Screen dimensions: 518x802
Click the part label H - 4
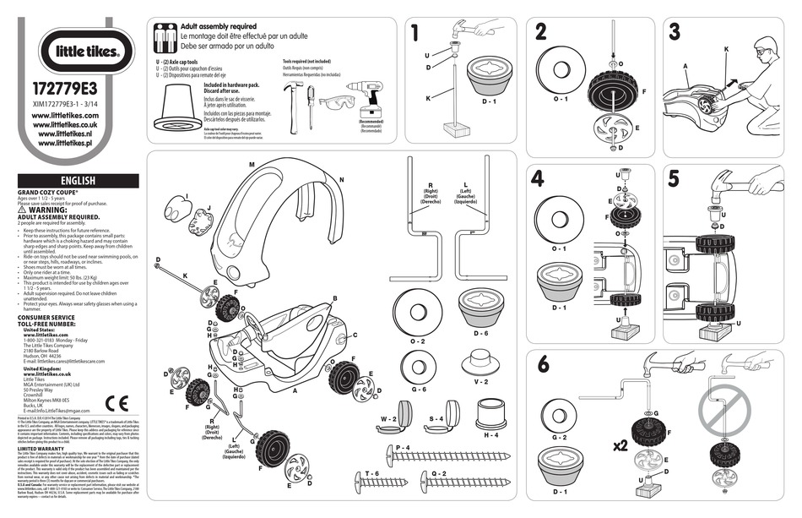(x=490, y=435)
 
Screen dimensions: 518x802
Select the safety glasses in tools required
(x=337, y=105)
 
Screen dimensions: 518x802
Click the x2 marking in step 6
(x=620, y=445)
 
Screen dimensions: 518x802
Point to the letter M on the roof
(x=252, y=164)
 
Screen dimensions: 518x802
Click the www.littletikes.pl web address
(x=65, y=144)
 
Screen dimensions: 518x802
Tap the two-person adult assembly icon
(x=165, y=38)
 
